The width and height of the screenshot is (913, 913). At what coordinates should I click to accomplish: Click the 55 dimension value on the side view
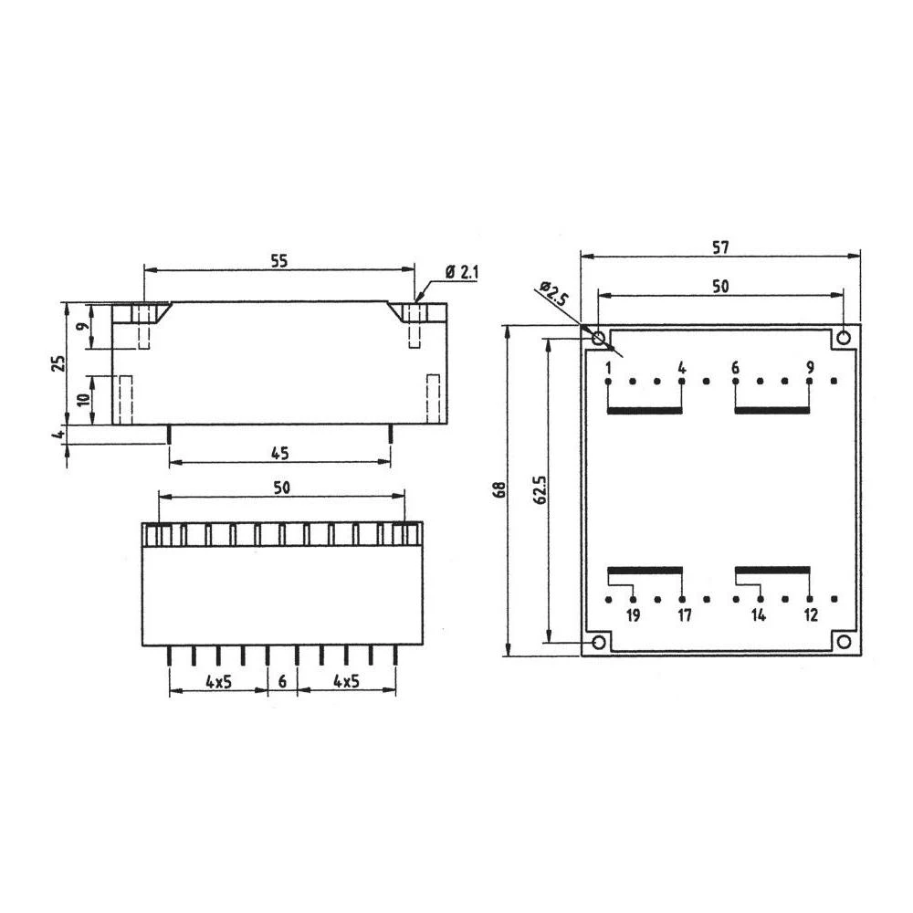pyautogui.click(x=279, y=260)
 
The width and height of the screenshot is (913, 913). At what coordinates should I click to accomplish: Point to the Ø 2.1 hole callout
pyautogui.click(x=463, y=272)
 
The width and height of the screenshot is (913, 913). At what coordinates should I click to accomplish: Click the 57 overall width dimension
pyautogui.click(x=721, y=247)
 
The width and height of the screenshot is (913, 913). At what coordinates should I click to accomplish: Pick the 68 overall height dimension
pyautogui.click(x=498, y=489)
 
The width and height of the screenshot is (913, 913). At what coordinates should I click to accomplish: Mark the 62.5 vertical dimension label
pyautogui.click(x=540, y=489)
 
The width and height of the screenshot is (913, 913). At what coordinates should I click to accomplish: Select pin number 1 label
pyautogui.click(x=607, y=368)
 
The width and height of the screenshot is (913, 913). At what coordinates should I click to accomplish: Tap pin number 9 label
pyautogui.click(x=810, y=368)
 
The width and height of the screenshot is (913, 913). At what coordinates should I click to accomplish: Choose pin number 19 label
pyautogui.click(x=633, y=615)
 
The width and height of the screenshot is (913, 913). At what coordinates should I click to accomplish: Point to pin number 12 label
pyautogui.click(x=810, y=615)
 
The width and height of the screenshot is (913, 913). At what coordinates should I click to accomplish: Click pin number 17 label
pyautogui.click(x=684, y=615)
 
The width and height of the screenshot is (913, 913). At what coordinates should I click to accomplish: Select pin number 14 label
pyautogui.click(x=759, y=615)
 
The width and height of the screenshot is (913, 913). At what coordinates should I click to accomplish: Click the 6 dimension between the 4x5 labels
pyautogui.click(x=282, y=681)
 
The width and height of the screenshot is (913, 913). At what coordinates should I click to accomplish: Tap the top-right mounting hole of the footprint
pyautogui.click(x=845, y=338)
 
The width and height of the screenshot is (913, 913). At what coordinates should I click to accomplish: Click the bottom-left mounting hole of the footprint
pyautogui.click(x=599, y=643)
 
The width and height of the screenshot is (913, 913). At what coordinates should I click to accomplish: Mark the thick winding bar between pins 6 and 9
pyautogui.click(x=772, y=410)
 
